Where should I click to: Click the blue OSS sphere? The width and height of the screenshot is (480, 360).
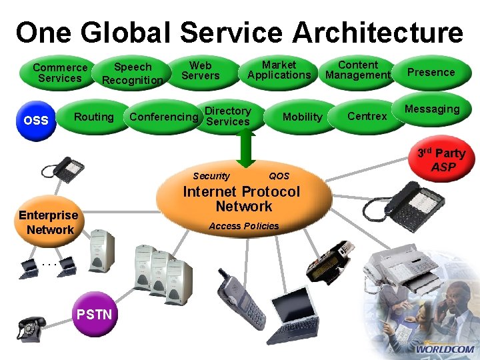click(x=35, y=121)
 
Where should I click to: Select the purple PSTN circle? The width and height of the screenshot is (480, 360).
click(x=95, y=313)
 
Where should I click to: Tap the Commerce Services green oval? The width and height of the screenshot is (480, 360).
click(x=60, y=73)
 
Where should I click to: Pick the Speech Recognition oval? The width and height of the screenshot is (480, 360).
click(x=133, y=73)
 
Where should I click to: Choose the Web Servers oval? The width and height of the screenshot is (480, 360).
click(x=200, y=70)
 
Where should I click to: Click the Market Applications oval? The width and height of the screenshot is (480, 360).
click(x=279, y=70)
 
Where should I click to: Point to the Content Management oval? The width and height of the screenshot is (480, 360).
click(x=357, y=70)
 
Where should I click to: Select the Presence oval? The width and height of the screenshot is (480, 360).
click(x=431, y=72)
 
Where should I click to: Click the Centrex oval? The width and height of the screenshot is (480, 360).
click(x=367, y=117)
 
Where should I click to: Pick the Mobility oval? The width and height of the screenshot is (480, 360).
click(x=302, y=117)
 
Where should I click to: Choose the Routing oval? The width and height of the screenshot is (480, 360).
click(x=93, y=117)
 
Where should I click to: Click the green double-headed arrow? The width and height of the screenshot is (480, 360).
click(x=245, y=148)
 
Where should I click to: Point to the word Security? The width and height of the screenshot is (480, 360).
click(x=211, y=176)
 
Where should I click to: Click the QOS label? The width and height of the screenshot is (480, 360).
click(x=279, y=176)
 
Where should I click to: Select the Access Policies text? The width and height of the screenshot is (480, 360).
click(x=244, y=226)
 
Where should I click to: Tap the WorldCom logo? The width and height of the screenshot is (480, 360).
click(x=444, y=349)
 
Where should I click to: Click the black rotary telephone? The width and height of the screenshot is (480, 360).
click(x=31, y=328)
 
